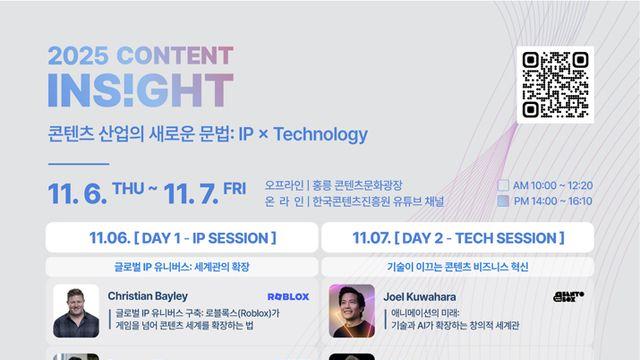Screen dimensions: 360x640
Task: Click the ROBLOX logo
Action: (x=288, y=297)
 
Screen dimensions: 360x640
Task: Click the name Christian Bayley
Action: (x=147, y=296)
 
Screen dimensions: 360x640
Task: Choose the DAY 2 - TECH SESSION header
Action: (x=458, y=239)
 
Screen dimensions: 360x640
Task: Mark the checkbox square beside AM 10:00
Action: (x=503, y=185)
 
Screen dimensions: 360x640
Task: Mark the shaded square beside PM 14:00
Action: (x=503, y=201)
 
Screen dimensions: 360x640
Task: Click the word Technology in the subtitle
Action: (x=318, y=134)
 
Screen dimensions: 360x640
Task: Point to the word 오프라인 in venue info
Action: (x=284, y=185)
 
